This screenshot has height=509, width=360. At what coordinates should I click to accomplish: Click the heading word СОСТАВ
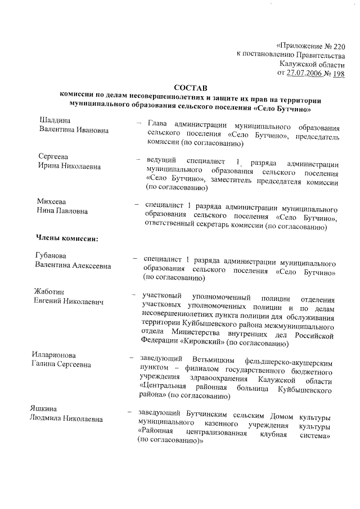tap(190, 88)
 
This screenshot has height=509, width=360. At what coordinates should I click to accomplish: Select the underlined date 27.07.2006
tap(305, 73)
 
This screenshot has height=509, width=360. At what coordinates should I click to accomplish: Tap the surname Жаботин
tap(49, 292)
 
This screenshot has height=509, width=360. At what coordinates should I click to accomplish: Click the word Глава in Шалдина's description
tap(158, 124)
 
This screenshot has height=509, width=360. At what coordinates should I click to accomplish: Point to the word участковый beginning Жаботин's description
tap(163, 296)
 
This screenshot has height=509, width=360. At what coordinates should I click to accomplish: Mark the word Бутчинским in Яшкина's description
tap(207, 409)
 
